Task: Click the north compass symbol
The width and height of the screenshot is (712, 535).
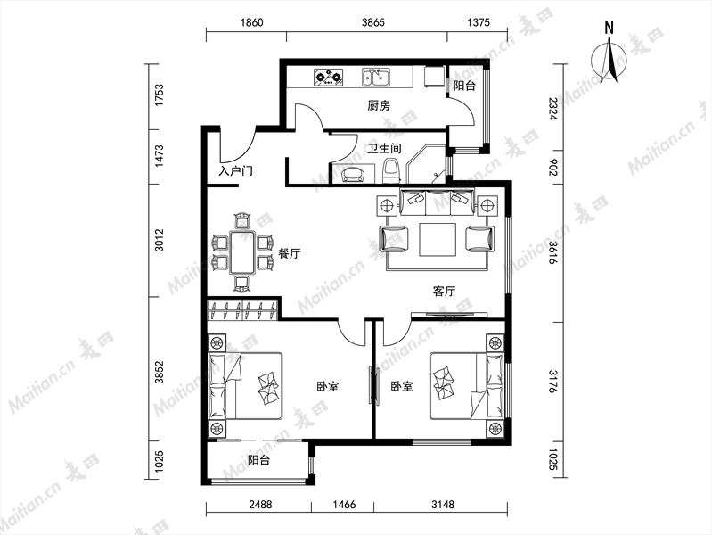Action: coord(609,58)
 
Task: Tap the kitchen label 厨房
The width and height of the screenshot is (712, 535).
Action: coord(378,106)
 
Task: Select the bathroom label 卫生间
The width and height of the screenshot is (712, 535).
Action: coord(384,148)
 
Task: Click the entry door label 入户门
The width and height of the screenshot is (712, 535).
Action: coord(235,171)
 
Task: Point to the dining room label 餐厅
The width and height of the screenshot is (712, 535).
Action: coord(290,253)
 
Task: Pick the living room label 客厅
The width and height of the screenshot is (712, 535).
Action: coord(444,291)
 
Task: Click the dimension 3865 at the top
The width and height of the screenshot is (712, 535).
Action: coord(372,22)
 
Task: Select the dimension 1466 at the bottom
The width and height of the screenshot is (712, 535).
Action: coord(344,504)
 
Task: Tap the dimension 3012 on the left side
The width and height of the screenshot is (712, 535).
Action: coord(160,240)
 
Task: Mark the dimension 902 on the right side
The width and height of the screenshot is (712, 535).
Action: coord(552,168)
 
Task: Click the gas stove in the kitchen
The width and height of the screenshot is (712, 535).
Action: coord(328,78)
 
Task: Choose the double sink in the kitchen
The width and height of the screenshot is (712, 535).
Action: coord(376,78)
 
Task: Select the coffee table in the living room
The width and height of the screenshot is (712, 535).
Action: coord(438,240)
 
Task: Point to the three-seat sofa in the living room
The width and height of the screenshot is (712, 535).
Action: coord(437,201)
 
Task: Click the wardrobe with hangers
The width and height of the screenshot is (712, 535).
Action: coord(242,309)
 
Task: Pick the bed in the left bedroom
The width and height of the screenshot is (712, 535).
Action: coord(245,386)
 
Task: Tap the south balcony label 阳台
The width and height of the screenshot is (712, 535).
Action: coord(259,460)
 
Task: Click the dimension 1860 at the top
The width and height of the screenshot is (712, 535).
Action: coord(251,22)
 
